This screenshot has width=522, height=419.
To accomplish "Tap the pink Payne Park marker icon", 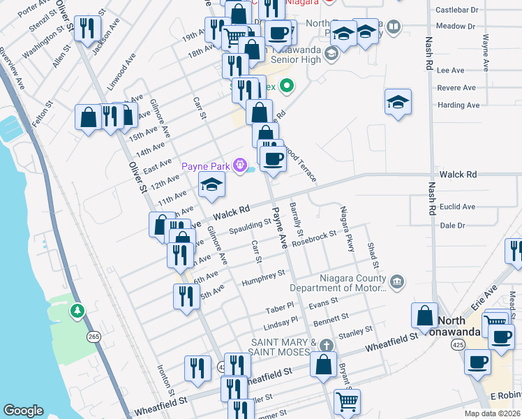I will [x=241, y=166].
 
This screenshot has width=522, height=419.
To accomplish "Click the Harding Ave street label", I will [x=458, y=105].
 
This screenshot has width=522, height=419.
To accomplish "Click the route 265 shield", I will [x=94, y=337].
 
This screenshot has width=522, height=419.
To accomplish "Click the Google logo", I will [x=23, y=411].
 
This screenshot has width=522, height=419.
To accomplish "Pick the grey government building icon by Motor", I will [x=397, y=282].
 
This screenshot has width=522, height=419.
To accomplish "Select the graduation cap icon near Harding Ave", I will [x=397, y=102].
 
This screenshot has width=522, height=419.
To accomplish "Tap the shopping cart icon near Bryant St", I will [x=347, y=402].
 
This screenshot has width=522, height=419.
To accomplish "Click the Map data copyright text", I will [x=493, y=413].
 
